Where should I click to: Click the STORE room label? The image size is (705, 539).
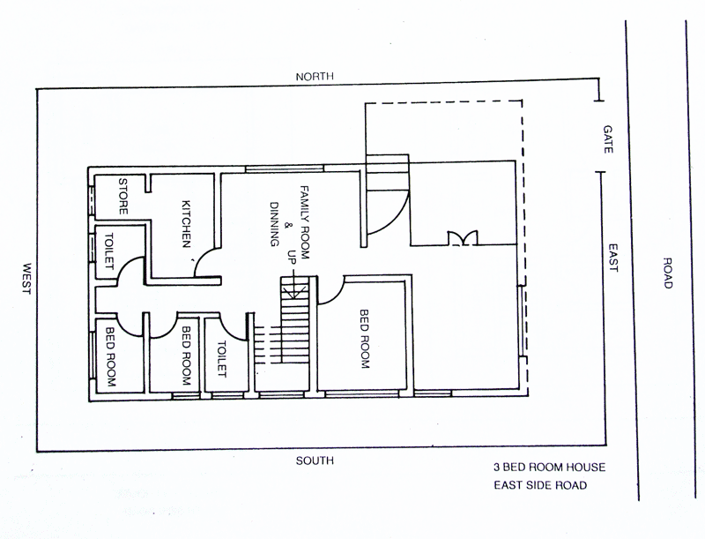coord(124,198)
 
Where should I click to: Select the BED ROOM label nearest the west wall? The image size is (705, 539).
coord(112,358)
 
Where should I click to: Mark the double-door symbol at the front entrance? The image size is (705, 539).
coord(460,238)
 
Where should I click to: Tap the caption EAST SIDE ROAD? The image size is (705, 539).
coord(538,485)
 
